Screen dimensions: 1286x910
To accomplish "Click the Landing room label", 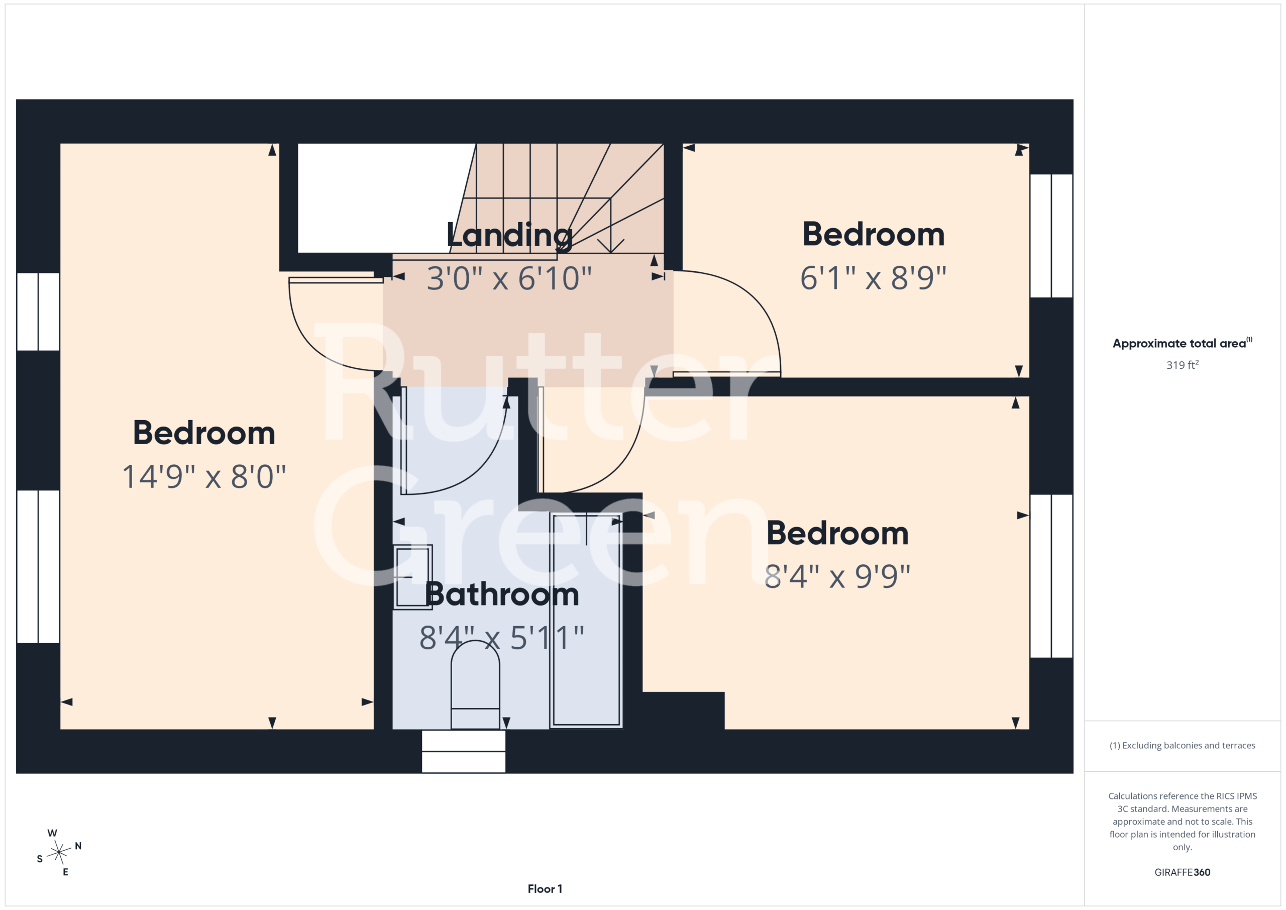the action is click(x=509, y=235).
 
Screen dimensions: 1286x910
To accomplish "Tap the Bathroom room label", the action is click(x=502, y=594).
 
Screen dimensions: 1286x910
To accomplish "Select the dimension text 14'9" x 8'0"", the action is click(x=204, y=477).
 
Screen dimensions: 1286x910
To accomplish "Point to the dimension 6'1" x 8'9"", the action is click(x=873, y=278).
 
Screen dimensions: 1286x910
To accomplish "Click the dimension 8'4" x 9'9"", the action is click(x=837, y=576).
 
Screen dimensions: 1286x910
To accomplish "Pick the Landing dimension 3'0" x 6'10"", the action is click(x=509, y=278).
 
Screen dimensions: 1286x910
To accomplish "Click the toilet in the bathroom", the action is click(x=475, y=685).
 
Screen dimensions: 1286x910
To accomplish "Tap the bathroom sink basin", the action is click(x=412, y=576).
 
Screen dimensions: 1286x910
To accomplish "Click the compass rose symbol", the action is click(x=59, y=852).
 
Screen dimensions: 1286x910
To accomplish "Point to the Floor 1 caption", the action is click(x=545, y=889).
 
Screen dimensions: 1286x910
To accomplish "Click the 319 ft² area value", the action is click(x=1182, y=365).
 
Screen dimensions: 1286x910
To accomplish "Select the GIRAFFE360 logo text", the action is click(x=1182, y=872).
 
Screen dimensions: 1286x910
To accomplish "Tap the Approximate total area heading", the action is click(x=1182, y=343).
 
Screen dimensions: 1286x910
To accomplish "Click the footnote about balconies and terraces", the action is click(x=1182, y=745).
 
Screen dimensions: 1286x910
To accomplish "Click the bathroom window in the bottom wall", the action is click(x=463, y=751).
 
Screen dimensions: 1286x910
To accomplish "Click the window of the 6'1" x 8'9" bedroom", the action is click(x=1051, y=235).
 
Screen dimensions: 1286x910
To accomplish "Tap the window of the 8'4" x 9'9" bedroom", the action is click(x=1051, y=576).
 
